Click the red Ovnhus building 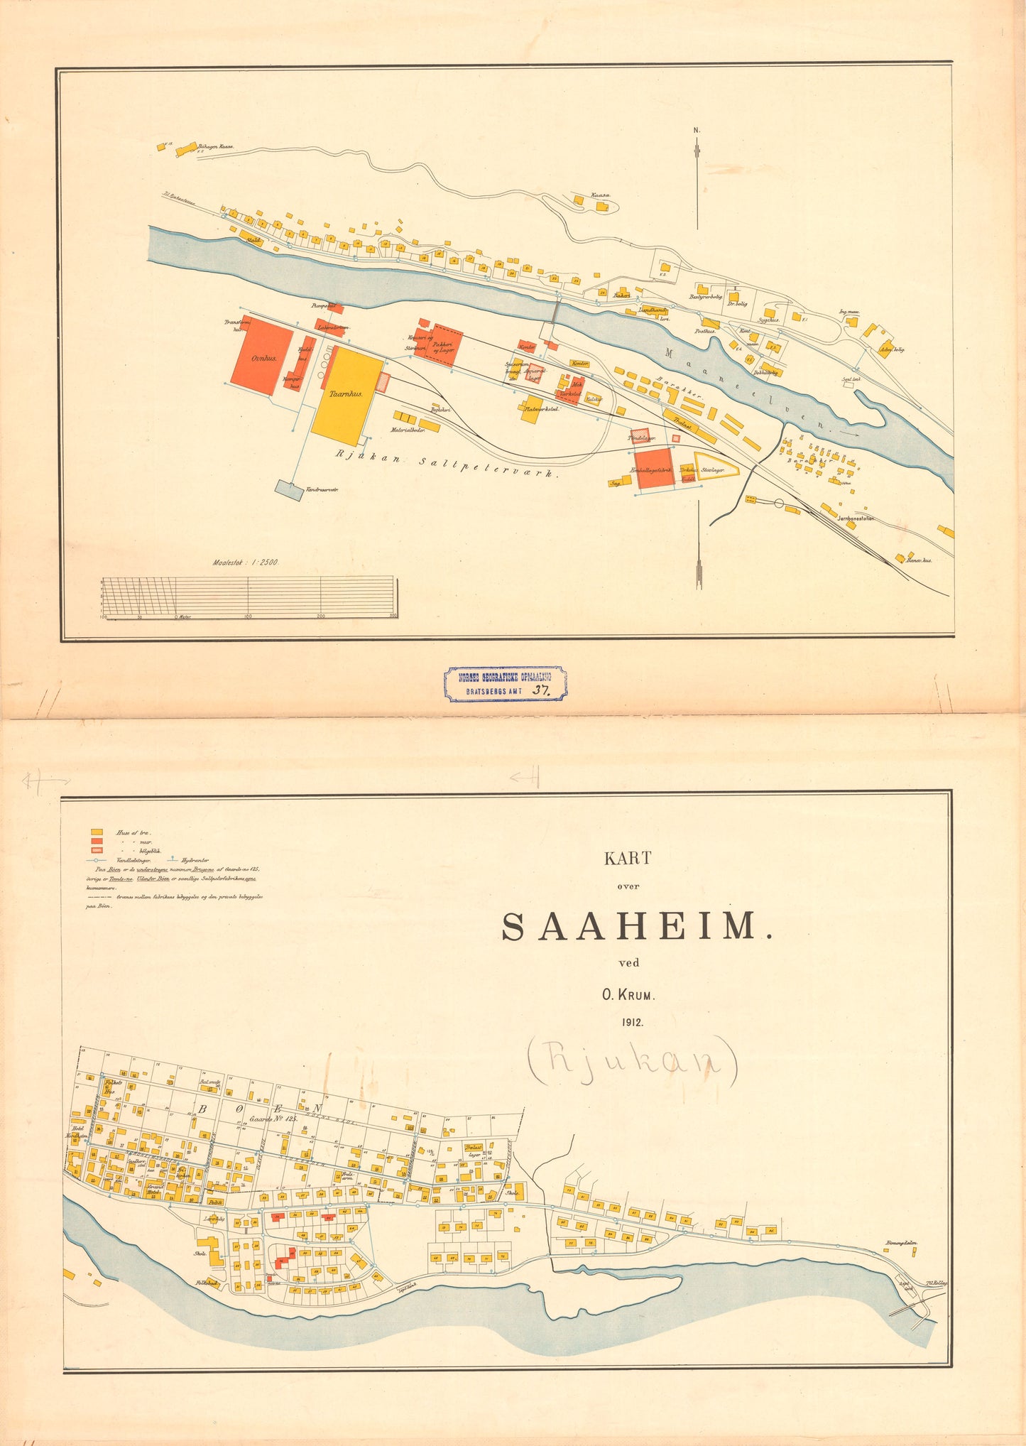[x=262, y=357]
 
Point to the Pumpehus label [x=323, y=305]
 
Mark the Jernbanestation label [x=856, y=518]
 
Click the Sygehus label [x=768, y=320]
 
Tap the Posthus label [x=704, y=331]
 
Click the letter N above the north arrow [x=697, y=130]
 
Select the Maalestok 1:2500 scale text [x=246, y=562]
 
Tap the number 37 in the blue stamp [x=542, y=688]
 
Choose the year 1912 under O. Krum [x=629, y=1023]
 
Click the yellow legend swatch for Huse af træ [x=97, y=832]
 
